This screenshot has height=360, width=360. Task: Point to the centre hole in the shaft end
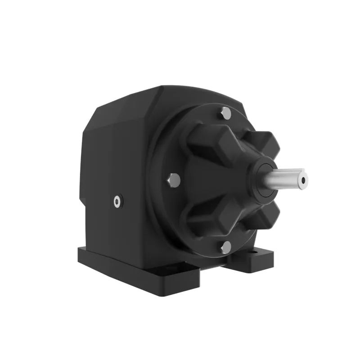tap(304, 180)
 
